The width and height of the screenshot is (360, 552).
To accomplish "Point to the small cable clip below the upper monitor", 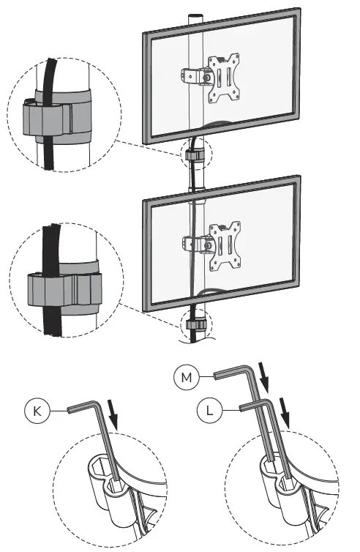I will click(x=195, y=156).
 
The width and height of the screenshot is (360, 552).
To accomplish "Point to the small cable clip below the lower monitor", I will click(x=195, y=324).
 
